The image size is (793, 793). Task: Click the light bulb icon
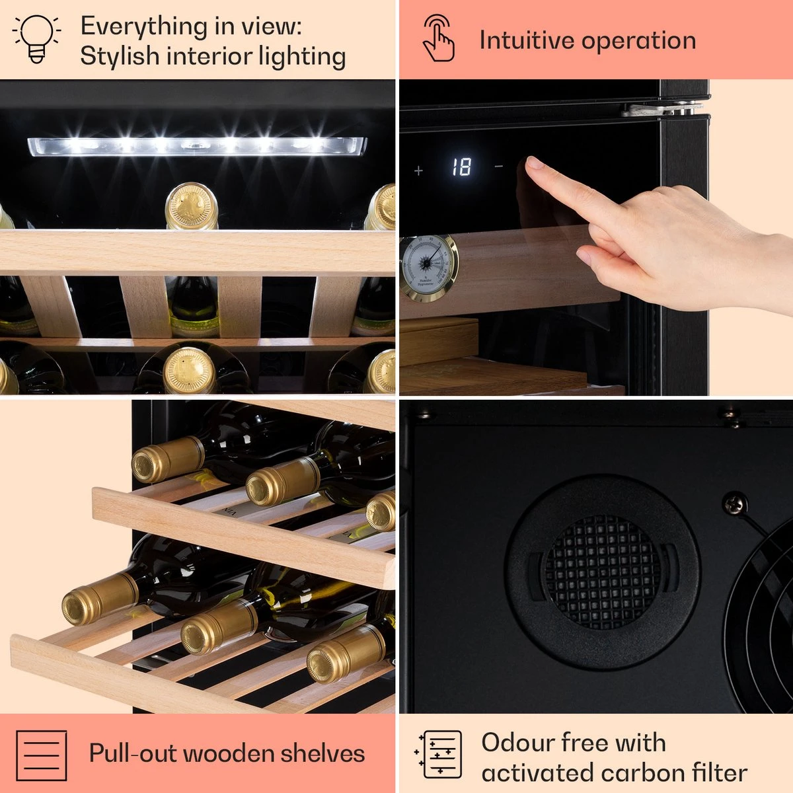coord(36,39)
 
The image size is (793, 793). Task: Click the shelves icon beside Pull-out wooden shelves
coord(42,755)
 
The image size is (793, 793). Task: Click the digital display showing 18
coord(462,167)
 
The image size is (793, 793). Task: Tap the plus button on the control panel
coord(418,170)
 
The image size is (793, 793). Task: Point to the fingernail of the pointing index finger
coord(535,163)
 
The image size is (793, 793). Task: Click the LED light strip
coord(197,147)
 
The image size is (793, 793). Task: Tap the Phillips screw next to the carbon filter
coord(736,502)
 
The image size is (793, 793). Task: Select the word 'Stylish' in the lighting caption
coord(120,57)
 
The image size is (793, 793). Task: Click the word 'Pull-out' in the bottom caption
coord(132,754)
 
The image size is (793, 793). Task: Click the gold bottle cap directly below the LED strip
coord(192,206)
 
